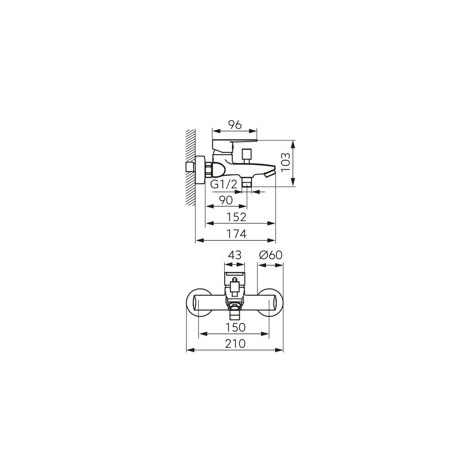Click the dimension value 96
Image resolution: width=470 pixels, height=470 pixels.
[235, 125]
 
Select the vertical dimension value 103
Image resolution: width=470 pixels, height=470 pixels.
[286, 162]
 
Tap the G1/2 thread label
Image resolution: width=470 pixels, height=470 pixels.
[223, 184]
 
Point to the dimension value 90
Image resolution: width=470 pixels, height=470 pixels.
[226, 200]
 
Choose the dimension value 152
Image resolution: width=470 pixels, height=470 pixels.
[236, 217]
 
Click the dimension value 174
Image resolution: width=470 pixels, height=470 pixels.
[236, 234]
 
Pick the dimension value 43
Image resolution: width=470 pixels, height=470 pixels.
[235, 255]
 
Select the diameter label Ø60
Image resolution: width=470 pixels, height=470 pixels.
[271, 255]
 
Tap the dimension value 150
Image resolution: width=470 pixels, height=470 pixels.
[235, 327]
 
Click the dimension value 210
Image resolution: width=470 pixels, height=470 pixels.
[235, 344]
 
